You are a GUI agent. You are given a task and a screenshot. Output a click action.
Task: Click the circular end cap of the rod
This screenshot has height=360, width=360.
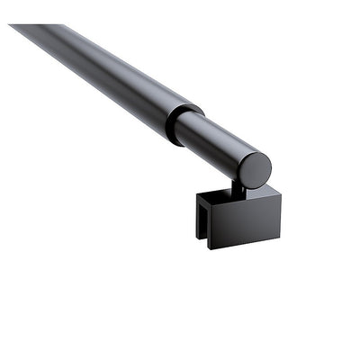coord(255,170)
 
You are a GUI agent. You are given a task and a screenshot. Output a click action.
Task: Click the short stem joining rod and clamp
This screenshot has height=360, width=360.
coord(239,188)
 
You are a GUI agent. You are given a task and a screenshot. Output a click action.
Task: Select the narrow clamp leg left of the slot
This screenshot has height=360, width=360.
coord(200,219)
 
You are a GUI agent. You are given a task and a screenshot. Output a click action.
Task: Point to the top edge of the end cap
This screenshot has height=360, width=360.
coord(257,152)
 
